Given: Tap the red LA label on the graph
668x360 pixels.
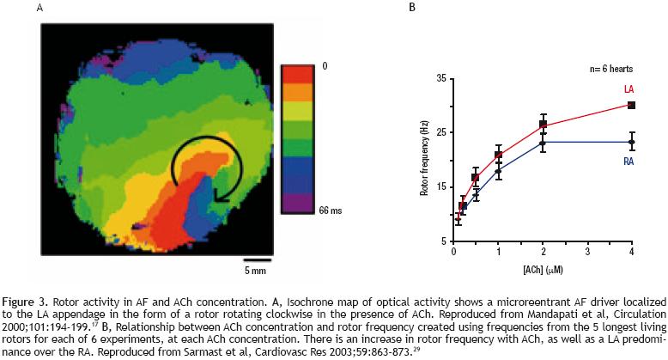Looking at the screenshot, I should (628, 89).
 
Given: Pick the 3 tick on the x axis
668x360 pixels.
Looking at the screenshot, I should (586, 253).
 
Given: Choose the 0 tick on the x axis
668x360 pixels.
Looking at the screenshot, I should (453, 253).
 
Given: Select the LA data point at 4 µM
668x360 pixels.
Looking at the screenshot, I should (631, 105).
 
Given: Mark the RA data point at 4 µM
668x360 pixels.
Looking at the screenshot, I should (631, 142).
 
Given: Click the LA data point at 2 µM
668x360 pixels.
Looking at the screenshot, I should (543, 125).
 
